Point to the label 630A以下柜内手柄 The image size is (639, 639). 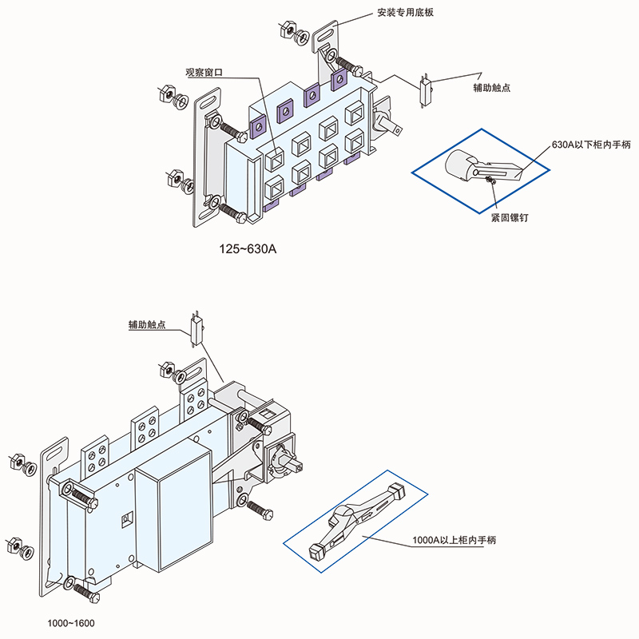[x=581, y=145]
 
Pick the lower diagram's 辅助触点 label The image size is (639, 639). [x=147, y=326]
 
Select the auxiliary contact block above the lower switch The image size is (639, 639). [x=196, y=327]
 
